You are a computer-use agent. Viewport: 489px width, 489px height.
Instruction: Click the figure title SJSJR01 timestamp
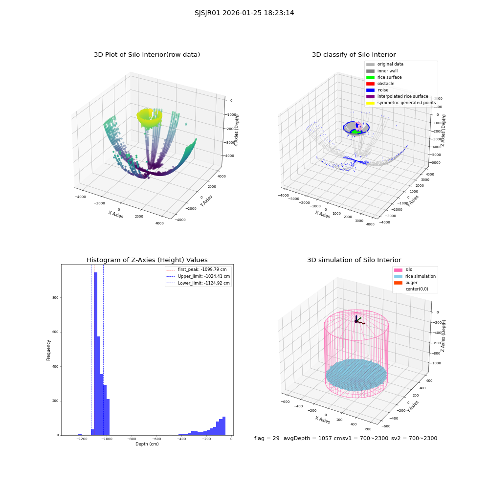coord(244,13)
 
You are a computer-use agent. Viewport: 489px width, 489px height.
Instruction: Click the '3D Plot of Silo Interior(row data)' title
coord(147,55)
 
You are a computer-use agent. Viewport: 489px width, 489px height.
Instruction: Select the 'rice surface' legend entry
coord(384,77)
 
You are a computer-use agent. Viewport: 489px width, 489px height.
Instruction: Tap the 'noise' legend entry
coord(378,90)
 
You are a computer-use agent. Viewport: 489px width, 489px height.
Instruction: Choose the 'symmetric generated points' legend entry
coord(401,103)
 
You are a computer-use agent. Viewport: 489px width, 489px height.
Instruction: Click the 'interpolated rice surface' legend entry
coord(397,96)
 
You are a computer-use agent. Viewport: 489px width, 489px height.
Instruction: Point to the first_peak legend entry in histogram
coord(197,269)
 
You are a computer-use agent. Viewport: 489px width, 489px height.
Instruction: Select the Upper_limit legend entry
coord(198,276)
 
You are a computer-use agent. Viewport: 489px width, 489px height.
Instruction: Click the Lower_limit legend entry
coord(198,283)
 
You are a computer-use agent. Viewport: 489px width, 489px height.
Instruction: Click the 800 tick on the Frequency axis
coord(56,297)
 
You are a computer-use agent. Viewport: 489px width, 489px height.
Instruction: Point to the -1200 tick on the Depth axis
coord(82,439)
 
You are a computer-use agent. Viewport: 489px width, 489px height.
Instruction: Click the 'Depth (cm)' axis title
coord(147,444)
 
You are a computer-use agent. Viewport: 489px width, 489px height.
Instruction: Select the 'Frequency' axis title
coord(48,350)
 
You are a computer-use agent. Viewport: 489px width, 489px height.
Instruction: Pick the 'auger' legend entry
coord(406,283)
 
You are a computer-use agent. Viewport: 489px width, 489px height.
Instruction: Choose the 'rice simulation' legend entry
coord(415,276)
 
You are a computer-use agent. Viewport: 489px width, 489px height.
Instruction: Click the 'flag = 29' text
coord(267,438)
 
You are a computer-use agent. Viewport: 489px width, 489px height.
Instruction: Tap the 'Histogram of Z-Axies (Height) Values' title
coord(147,260)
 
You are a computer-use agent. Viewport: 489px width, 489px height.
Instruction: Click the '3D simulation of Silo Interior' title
coord(354,260)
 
